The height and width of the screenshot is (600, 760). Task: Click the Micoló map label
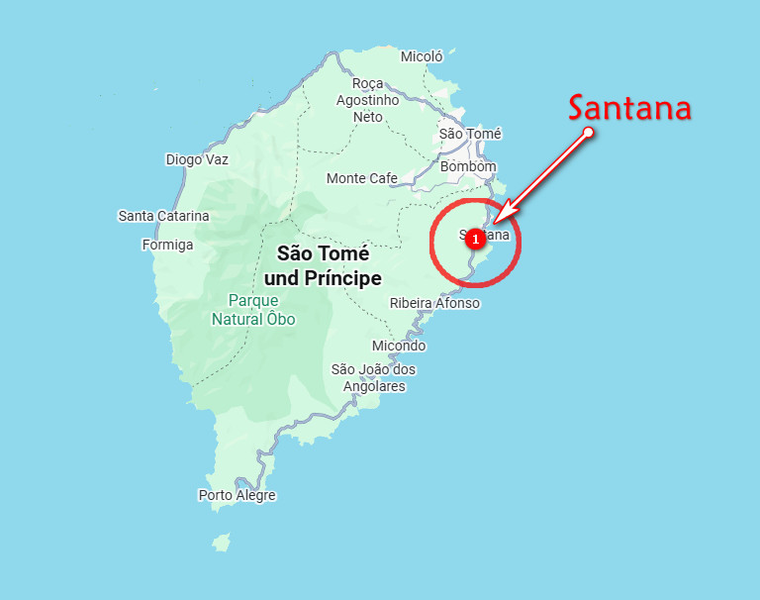(422, 56)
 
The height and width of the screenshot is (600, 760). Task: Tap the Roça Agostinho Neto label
(367, 100)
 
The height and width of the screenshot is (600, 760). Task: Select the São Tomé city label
(470, 134)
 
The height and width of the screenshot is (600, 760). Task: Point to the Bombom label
(468, 167)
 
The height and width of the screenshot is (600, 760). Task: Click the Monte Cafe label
(362, 178)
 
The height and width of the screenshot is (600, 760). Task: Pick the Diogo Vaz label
(197, 159)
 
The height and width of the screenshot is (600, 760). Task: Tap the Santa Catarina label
(163, 216)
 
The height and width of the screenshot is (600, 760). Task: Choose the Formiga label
(167, 245)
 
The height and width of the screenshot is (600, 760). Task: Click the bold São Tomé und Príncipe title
(323, 265)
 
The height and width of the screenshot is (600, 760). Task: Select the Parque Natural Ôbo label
(253, 309)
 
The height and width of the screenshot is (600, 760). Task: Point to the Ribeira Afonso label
(434, 303)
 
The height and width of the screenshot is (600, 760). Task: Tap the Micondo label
(399, 346)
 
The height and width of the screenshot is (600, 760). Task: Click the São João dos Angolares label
(373, 378)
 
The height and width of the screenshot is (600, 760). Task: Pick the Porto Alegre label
(237, 495)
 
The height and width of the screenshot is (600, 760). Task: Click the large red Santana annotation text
(629, 107)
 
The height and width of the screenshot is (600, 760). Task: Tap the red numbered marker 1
(475, 239)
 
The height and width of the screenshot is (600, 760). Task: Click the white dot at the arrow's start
(589, 132)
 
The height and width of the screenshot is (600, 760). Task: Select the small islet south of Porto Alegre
(221, 542)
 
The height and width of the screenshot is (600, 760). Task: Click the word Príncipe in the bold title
(344, 279)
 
